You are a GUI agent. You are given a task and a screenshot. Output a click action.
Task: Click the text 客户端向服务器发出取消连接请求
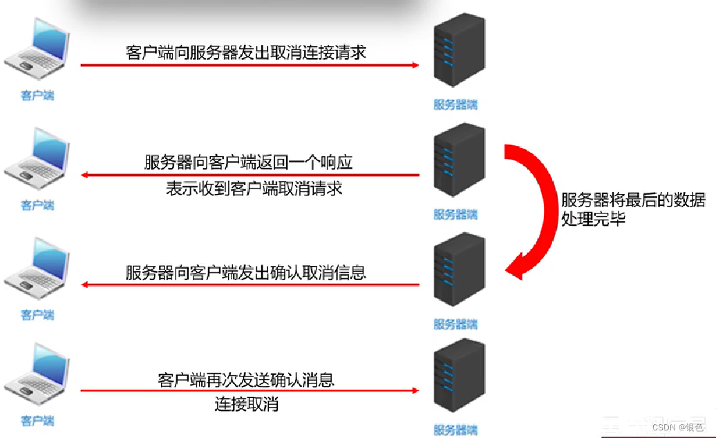click(x=246, y=53)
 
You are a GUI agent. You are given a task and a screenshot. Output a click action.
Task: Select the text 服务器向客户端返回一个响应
click(x=248, y=163)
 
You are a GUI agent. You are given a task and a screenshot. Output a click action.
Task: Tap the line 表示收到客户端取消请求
click(x=254, y=189)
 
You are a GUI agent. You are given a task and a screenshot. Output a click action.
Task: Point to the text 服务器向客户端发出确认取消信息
click(x=246, y=272)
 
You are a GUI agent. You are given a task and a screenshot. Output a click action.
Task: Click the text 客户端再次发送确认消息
click(x=246, y=380)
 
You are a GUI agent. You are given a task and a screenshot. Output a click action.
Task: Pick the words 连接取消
click(x=247, y=404)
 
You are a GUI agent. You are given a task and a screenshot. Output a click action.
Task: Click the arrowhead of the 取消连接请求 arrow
click(x=415, y=65)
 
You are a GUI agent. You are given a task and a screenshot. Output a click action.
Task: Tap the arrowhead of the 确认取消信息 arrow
click(x=84, y=285)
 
